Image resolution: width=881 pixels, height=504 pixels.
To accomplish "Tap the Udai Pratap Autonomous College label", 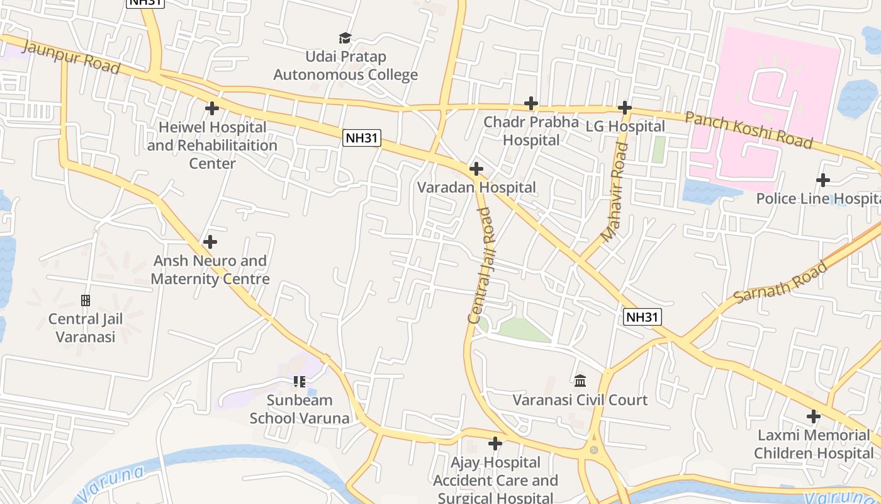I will point(345,66).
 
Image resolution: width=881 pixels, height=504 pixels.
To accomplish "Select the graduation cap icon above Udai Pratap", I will point(345,38).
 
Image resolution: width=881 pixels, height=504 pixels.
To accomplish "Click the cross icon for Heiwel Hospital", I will point(212,108).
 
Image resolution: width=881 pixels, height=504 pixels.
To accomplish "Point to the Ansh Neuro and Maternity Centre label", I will point(210,270).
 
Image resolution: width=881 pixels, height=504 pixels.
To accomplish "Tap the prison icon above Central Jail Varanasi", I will point(86,301).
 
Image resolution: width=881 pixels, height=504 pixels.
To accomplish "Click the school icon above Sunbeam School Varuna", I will point(299,382).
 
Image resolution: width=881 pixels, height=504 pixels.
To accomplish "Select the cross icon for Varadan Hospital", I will point(476,169).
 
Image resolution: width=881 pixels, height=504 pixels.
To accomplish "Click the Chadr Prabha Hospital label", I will point(530,130).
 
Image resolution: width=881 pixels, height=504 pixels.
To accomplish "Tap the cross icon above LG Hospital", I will point(624,108).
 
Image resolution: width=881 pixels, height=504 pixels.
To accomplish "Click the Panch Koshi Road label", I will point(748,130).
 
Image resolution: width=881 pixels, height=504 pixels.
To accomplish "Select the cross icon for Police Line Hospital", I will point(822,181).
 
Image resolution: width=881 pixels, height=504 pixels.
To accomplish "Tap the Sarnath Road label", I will point(780,282).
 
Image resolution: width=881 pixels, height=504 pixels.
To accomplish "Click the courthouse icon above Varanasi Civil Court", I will point(580,381).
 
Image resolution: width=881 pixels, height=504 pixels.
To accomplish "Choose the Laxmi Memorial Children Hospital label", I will point(814,444).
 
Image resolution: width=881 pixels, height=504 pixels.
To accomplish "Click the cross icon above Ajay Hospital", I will point(495,444).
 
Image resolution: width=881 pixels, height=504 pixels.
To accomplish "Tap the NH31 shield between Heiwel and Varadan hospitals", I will point(362,138).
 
